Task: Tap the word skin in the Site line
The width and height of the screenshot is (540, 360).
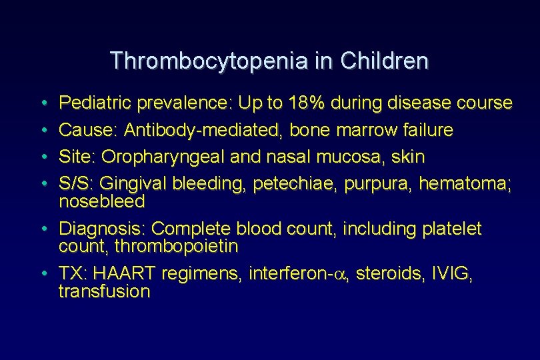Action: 406,157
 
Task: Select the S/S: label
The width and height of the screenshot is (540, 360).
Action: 78,184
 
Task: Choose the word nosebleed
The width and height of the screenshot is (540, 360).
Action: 102,201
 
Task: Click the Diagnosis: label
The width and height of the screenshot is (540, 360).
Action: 103,229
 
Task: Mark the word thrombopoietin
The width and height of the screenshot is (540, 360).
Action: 176,247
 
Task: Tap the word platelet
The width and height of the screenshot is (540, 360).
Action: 452,229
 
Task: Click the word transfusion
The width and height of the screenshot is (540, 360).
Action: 104,292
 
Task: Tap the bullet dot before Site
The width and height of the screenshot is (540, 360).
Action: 42,157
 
